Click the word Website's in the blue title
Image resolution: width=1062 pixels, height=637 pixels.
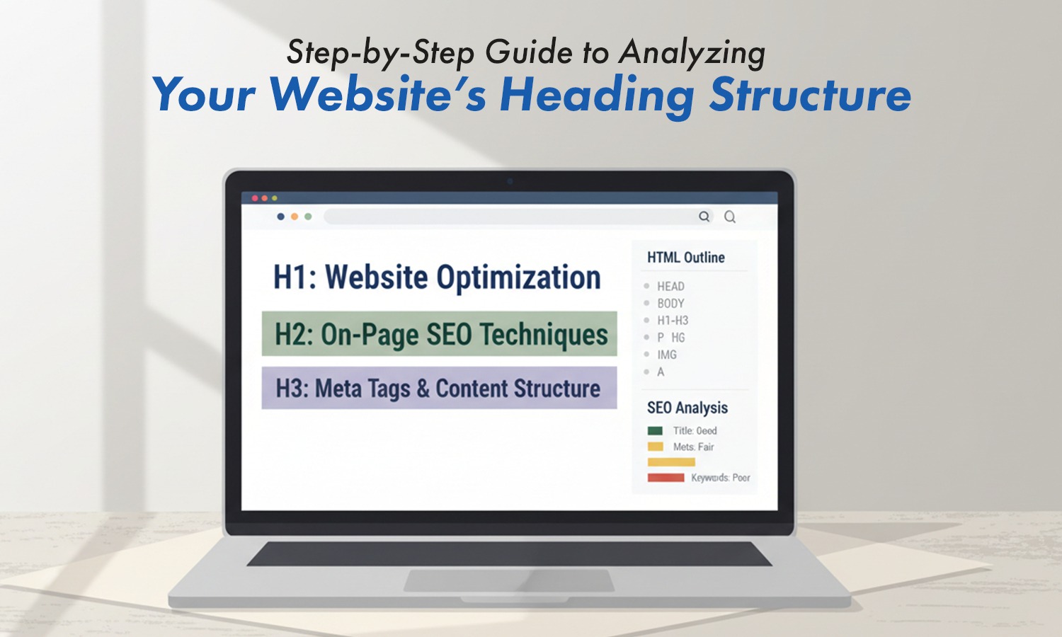378,95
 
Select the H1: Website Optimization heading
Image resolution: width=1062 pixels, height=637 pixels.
437,277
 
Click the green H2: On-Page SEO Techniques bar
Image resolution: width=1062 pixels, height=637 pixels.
440,334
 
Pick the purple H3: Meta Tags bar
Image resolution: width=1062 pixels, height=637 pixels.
439,388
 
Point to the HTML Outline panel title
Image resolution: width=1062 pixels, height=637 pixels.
685,258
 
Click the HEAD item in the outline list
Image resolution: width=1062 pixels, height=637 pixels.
670,287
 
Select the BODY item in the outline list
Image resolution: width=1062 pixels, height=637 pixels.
670,304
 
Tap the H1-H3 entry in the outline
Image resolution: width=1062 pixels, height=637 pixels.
672,321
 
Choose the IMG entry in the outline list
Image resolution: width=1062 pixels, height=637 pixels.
666,355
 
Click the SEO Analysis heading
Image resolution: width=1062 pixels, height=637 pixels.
687,408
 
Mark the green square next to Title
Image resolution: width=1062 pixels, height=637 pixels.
655,431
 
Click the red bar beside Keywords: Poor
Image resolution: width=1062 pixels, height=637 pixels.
666,478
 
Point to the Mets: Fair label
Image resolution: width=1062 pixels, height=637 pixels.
693,447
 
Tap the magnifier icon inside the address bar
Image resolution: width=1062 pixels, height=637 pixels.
704,217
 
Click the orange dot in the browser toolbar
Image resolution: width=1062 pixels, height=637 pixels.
295,217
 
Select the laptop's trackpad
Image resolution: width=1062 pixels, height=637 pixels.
508,580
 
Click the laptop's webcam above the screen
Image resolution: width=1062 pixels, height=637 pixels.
510,181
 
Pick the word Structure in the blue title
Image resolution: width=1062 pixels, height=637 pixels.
810,95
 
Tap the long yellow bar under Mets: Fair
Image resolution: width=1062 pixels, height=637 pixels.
671,462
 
